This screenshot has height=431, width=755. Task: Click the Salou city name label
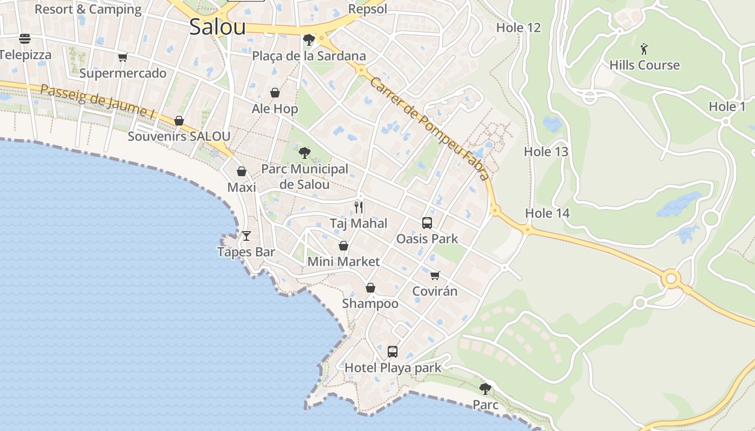pos(217,27)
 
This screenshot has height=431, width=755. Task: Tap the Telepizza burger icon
pos(25,39)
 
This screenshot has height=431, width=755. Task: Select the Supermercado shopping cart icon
pos(123,57)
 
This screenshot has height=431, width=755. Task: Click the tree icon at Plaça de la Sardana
pos(309,39)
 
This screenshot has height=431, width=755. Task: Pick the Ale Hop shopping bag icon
pos(275,93)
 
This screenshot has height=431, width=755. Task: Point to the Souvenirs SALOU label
pos(179,136)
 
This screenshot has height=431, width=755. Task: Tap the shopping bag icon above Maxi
pos(242,171)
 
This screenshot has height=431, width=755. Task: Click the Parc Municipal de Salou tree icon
pos(305,152)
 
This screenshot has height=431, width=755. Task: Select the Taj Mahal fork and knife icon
pos(359,207)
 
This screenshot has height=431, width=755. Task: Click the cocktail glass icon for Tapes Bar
pos(246,235)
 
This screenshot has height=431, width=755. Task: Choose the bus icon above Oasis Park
pos(427,223)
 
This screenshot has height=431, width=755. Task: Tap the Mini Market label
pos(344,262)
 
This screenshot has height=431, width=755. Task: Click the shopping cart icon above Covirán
pos(435,275)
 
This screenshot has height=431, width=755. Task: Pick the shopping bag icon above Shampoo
pos(370,288)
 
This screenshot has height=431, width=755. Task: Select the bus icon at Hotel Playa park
pos(393,352)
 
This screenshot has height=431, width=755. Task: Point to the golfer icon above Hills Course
pos(644,50)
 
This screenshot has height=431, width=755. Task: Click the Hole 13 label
pos(546,152)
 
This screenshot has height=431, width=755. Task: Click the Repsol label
pos(368,9)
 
